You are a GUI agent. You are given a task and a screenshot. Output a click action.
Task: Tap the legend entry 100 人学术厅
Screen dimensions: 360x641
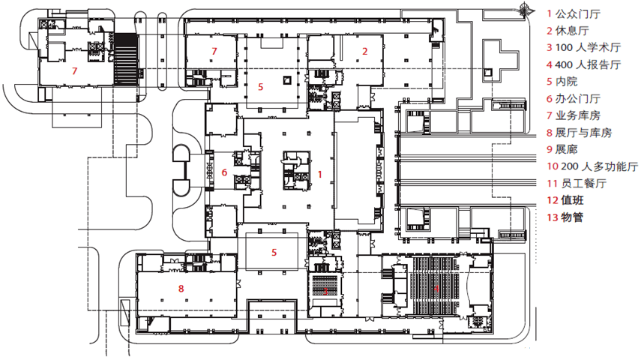point(588,48)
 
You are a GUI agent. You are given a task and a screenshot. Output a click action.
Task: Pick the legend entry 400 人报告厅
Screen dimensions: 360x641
point(588,65)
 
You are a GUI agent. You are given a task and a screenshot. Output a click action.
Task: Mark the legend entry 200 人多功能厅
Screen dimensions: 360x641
point(592,167)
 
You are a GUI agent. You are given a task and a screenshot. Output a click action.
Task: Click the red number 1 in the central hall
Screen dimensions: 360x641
point(320,174)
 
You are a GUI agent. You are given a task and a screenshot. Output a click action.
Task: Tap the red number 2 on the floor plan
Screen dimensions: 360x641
point(365,51)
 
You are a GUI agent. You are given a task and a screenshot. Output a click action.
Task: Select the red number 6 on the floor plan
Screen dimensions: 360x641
point(224,172)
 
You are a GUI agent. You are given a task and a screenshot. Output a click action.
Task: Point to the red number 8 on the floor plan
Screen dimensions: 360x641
point(181,287)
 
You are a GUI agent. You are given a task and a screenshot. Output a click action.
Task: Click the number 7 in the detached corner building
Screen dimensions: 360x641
point(74,71)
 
